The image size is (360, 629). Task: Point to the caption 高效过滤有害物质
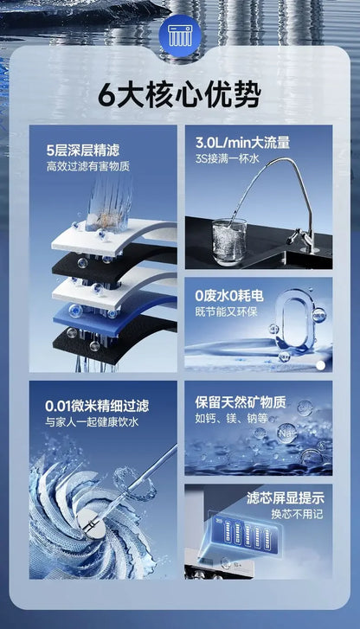[87, 164]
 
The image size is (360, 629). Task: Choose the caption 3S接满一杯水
[228, 159]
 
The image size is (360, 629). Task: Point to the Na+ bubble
[283, 433]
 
